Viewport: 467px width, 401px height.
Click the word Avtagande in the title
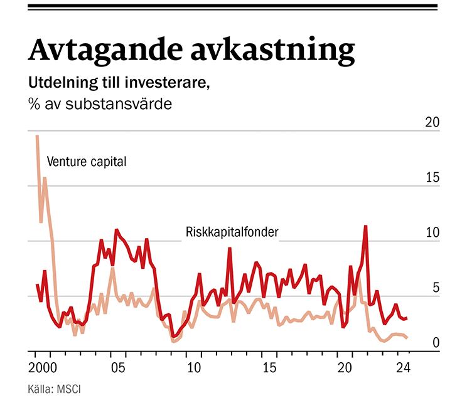[x=101, y=49]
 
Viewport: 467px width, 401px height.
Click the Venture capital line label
[x=87, y=162]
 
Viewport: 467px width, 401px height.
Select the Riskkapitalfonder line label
[x=232, y=232]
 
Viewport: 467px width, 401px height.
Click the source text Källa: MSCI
[x=55, y=389]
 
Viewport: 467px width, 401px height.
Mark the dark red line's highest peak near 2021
[x=365, y=226]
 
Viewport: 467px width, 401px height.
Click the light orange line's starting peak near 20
[x=37, y=136]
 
